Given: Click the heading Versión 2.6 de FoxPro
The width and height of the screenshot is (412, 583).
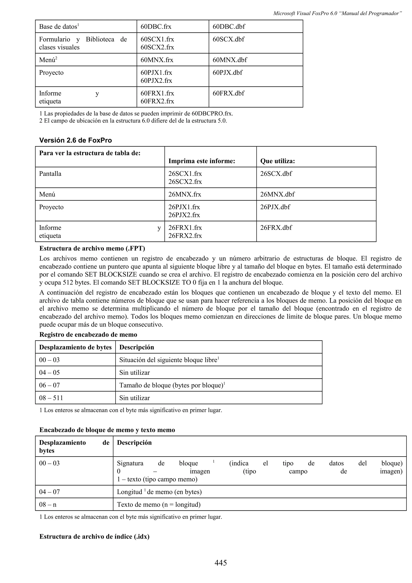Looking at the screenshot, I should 75,140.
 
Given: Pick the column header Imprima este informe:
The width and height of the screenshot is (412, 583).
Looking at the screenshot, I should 202,161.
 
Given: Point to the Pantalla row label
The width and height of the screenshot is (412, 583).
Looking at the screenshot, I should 50,174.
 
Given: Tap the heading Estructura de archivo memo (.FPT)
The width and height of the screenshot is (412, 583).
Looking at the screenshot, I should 92,248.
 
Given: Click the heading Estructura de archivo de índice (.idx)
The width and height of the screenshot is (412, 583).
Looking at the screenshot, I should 94,537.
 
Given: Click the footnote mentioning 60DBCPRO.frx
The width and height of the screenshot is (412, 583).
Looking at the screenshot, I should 136,113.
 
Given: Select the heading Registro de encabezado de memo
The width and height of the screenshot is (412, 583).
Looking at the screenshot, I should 88,335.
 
